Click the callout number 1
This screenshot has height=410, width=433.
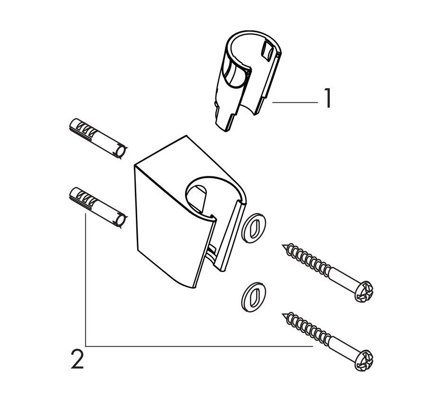327,98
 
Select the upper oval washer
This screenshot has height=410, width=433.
254,228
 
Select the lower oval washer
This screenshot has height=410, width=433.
254,297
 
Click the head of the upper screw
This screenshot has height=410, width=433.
364,292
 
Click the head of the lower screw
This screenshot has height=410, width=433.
364,360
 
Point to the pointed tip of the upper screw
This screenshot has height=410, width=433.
283,245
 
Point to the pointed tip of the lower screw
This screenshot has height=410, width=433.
283,314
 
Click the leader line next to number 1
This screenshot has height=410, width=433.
295,102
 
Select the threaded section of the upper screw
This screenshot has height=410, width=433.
307,259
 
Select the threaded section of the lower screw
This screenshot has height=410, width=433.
307,328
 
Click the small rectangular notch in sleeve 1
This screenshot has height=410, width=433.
267,51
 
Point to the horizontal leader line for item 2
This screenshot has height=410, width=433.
199,346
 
